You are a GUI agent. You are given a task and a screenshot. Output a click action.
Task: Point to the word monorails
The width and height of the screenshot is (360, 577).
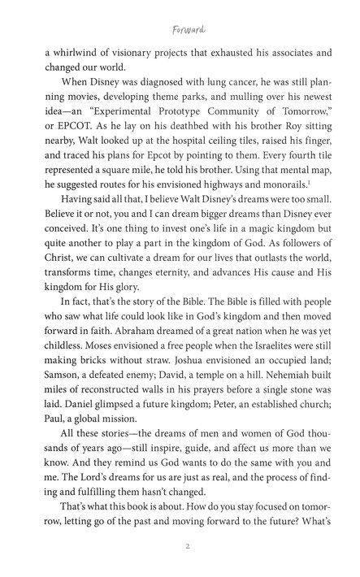(287, 198)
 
